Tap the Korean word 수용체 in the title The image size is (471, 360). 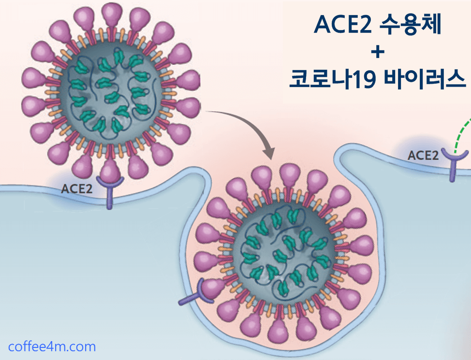411,25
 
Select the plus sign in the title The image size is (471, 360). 378,52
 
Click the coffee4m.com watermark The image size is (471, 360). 52,346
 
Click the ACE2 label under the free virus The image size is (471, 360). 76,189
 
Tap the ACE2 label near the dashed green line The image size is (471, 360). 423,155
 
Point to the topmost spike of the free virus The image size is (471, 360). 112,16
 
